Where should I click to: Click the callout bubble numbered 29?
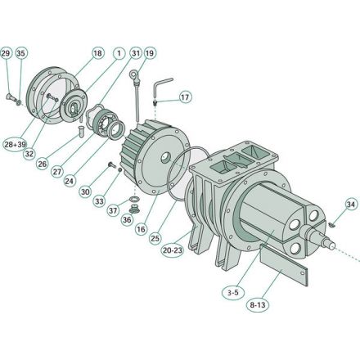(x=7, y=54)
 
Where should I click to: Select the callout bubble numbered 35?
(x=21, y=54)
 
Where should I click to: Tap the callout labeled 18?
(x=98, y=54)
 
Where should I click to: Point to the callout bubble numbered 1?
(x=119, y=54)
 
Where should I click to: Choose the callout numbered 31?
(x=136, y=54)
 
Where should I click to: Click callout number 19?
(x=150, y=54)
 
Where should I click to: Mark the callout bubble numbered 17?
(x=185, y=97)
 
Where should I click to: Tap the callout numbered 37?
(x=114, y=210)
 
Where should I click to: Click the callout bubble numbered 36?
(x=127, y=219)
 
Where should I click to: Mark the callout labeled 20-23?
(x=173, y=250)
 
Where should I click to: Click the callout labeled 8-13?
(x=259, y=304)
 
